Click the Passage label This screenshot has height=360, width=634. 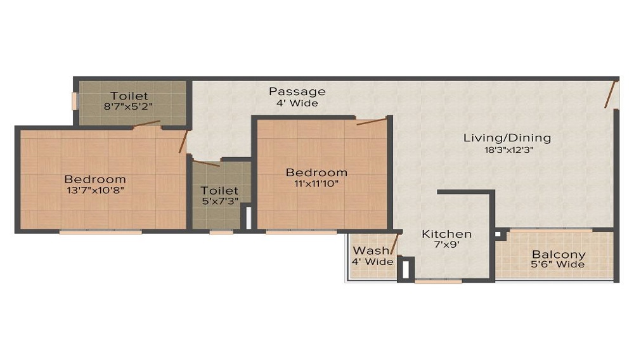[297, 91]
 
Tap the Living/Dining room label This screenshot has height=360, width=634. [507, 138]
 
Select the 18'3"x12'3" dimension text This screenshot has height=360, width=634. [507, 150]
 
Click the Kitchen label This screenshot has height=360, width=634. [447, 234]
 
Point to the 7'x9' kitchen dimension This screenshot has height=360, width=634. [447, 246]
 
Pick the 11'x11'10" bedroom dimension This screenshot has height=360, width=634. [316, 184]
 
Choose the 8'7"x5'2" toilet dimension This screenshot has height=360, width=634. [129, 107]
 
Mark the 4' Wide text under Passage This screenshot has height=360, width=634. [297, 103]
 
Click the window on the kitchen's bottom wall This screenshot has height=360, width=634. [438, 281]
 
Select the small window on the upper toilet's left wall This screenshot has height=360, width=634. [74, 101]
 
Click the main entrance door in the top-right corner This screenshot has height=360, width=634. [611, 95]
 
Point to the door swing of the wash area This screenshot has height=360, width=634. [394, 245]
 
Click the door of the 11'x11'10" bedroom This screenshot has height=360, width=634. [370, 120]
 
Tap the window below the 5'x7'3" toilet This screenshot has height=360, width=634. [221, 232]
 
